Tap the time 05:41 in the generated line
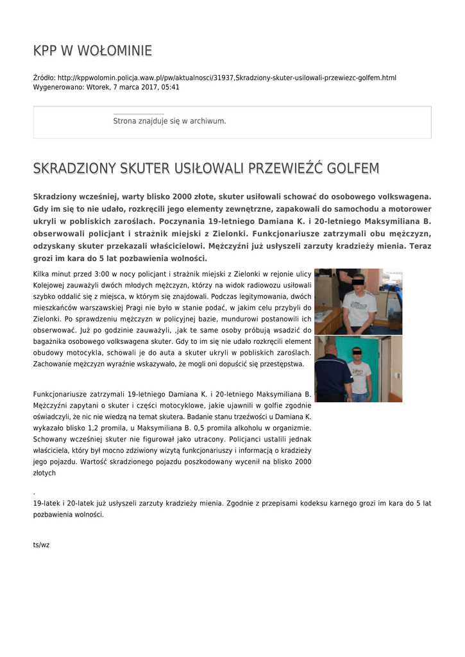pyautogui.click(x=171, y=87)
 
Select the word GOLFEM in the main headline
pyautogui.click(x=353, y=169)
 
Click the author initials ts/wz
pyautogui.click(x=41, y=545)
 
